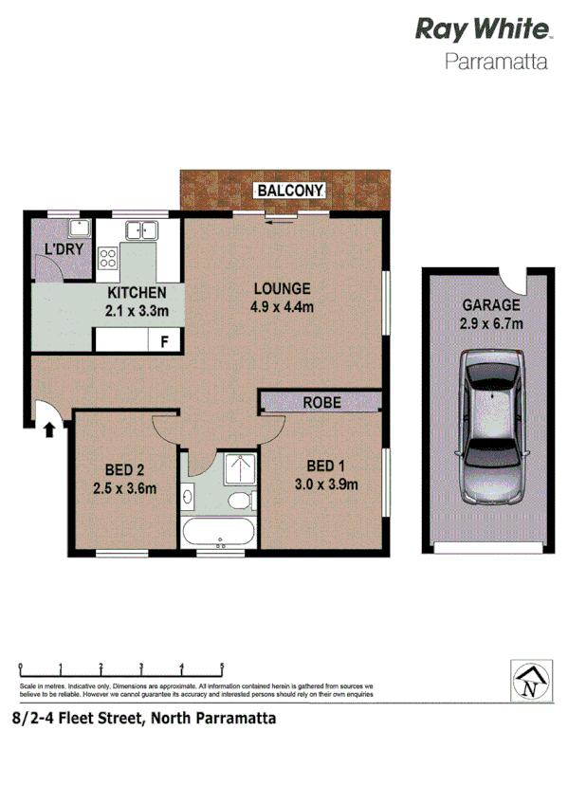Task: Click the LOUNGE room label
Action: point(282,288)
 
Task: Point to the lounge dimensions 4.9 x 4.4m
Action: point(282,306)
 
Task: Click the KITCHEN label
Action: point(137,293)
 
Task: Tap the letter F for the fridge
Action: point(164,340)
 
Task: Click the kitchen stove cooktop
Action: point(108,256)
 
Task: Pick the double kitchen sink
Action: point(142,229)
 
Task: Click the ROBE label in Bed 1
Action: point(321,403)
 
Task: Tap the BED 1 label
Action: point(324,466)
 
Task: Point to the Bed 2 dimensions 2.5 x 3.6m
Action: point(123,489)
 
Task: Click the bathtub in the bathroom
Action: point(218,531)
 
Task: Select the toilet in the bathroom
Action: point(244,499)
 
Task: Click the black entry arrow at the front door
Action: point(47,429)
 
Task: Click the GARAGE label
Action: point(491,305)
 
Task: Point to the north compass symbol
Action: point(530,681)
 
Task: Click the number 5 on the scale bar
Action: point(222,667)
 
